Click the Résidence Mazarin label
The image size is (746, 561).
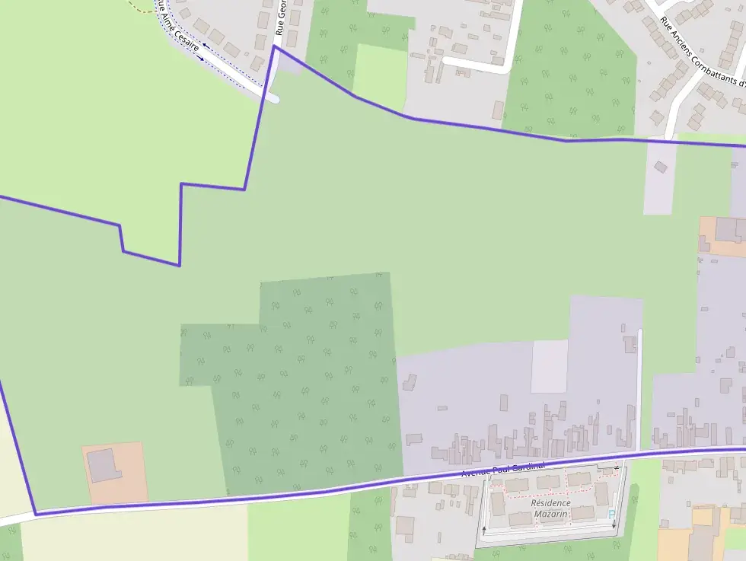click(x=550, y=508)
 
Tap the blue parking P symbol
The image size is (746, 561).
click(x=611, y=515)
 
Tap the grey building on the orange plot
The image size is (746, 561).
click(x=103, y=465)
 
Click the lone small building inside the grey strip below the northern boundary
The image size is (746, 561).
click(x=660, y=166)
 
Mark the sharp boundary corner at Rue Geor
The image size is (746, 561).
click(x=274, y=46)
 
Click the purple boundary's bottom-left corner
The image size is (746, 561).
click(x=35, y=515)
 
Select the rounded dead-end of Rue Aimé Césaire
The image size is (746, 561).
click(x=272, y=97)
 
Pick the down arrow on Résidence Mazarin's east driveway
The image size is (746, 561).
click(x=614, y=524)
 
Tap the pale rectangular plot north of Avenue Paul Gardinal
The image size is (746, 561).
click(x=549, y=366)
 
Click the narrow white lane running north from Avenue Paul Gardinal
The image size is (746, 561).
click(x=639, y=388)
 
